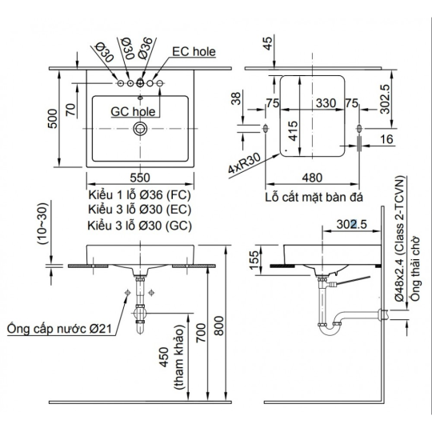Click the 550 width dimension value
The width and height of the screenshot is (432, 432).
click(140, 178)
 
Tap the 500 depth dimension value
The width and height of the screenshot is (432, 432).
click(53, 118)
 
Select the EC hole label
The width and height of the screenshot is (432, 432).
click(194, 52)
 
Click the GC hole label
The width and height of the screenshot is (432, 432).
click(133, 111)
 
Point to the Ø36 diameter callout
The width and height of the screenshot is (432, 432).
click(146, 48)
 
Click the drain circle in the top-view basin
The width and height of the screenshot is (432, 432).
click(140, 128)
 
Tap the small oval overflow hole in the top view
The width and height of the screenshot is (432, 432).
click(140, 98)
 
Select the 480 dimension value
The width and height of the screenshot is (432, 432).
click(312, 178)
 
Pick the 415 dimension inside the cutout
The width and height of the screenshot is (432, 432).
click(293, 130)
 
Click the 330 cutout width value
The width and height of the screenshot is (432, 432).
click(326, 103)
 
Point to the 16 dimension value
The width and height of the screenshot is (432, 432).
click(387, 139)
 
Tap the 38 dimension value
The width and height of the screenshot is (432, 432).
click(236, 98)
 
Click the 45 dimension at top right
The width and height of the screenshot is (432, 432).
click(267, 43)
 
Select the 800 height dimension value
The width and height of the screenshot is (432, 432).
click(219, 326)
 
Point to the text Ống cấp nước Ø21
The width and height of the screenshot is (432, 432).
click(59, 328)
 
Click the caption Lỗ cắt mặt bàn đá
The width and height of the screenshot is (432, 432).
click(314, 197)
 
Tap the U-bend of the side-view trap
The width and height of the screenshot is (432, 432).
click(330, 330)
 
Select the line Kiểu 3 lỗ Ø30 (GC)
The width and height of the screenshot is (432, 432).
click(139, 226)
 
